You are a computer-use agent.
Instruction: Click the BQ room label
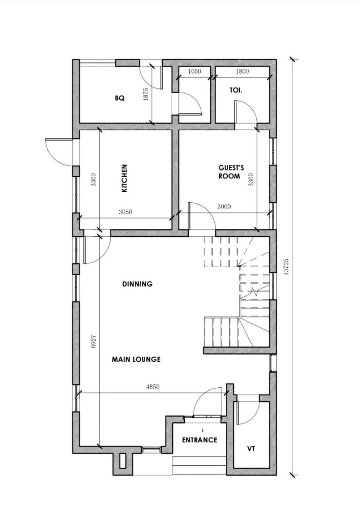coord(119,98)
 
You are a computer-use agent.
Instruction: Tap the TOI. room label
coord(235,90)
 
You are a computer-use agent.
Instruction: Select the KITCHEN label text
coord(124,178)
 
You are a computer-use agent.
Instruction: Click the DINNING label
coord(137,284)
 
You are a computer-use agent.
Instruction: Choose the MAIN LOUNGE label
coord(136,359)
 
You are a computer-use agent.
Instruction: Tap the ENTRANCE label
coord(199,440)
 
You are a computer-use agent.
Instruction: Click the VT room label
coord(251,449)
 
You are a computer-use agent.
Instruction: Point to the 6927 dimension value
coord(94,340)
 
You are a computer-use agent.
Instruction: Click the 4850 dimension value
coord(153,387)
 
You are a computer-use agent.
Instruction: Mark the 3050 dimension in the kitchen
coord(125,212)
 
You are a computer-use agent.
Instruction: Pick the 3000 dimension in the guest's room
coord(224,207)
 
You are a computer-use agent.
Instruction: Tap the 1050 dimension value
coord(195,72)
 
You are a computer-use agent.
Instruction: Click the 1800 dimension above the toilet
coord(242,72)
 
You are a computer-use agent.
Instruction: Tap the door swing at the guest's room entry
coord(202,215)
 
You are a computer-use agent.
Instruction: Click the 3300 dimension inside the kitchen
coord(93,179)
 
